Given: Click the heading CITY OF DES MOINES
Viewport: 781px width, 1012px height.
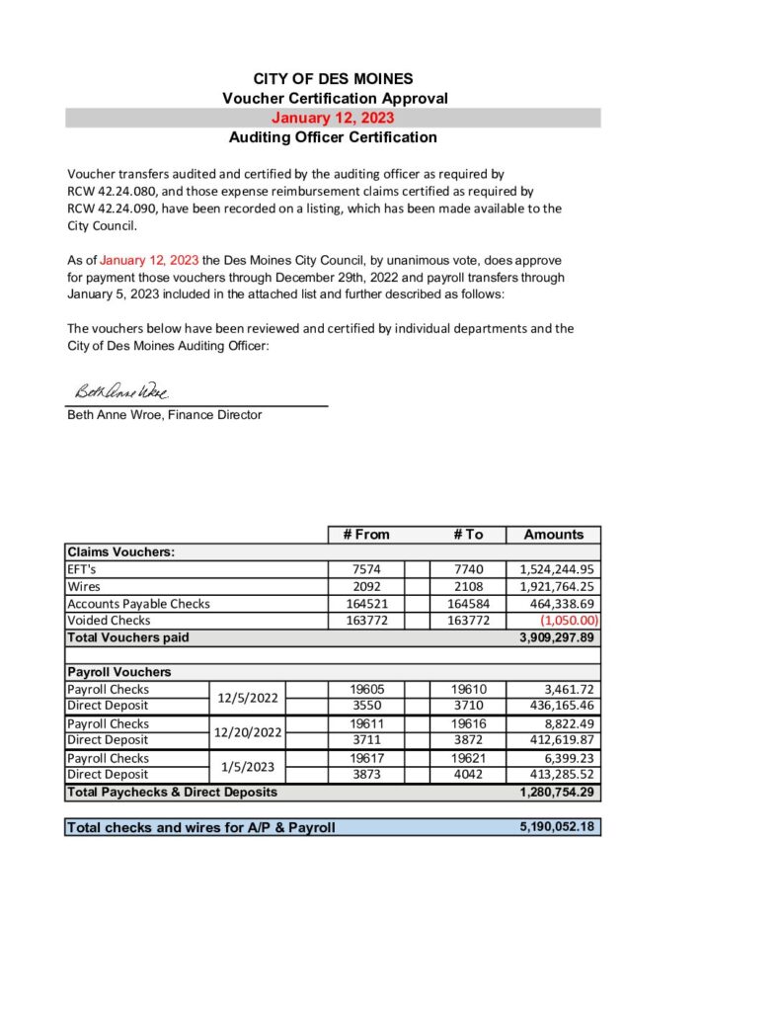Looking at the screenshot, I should coord(333,79).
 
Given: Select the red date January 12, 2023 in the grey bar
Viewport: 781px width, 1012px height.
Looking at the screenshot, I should coord(333,119).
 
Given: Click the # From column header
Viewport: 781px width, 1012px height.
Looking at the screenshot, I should coord(366,535).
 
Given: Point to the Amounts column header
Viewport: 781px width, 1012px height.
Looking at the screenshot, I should coord(553,535).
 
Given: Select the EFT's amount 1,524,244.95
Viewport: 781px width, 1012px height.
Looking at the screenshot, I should coord(557,569).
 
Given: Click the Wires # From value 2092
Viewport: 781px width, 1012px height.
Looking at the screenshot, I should coord(366,586).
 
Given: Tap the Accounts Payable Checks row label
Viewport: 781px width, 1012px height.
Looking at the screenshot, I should coord(138,603).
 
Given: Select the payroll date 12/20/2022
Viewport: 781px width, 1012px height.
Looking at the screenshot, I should coord(247,732).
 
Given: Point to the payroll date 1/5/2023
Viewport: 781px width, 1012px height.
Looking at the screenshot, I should coord(247,767).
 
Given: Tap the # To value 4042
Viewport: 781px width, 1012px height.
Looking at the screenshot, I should coord(468,775).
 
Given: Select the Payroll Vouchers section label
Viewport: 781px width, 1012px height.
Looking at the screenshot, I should coord(118,672).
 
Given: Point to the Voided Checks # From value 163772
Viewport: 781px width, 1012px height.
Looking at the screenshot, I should coord(366,621).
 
